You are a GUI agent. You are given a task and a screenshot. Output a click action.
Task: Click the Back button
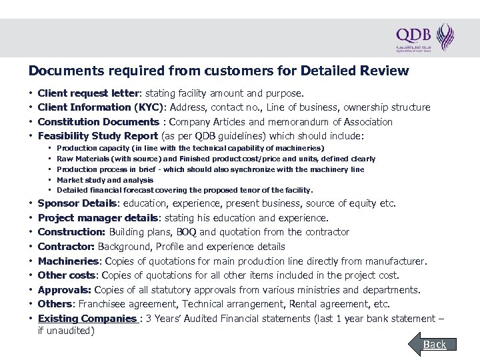click(435, 344)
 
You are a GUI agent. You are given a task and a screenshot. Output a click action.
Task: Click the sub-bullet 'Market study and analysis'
click(105, 179)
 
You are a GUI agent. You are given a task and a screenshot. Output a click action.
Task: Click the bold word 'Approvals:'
click(65, 289)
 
